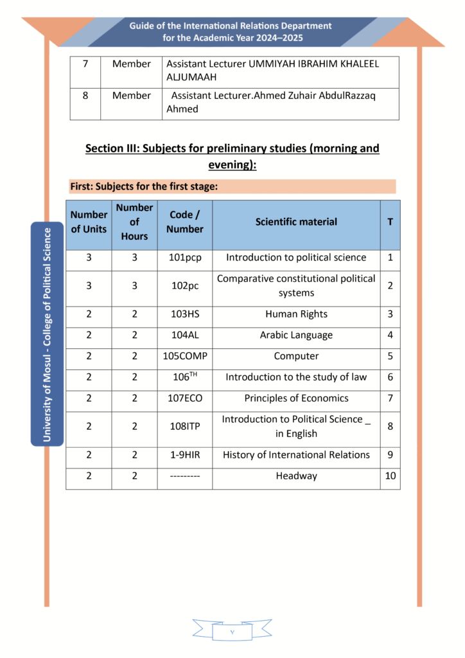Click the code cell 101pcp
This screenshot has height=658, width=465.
pyautogui.click(x=184, y=258)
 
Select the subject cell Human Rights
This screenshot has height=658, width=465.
pyautogui.click(x=296, y=314)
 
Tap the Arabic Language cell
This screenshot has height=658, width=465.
pyautogui.click(x=296, y=335)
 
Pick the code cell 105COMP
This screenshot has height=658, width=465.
pyautogui.click(x=184, y=356)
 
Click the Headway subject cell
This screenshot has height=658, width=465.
pyautogui.click(x=296, y=476)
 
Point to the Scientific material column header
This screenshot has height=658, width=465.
pyautogui.click(x=296, y=222)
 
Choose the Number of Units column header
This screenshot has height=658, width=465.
pyautogui.click(x=89, y=222)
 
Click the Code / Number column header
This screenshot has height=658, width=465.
pyautogui.click(x=184, y=222)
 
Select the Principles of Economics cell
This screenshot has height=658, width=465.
pyautogui.click(x=296, y=398)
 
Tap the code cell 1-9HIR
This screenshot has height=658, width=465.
pyautogui.click(x=184, y=455)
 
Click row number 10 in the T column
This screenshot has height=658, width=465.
pyautogui.click(x=390, y=476)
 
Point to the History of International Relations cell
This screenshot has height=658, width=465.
pyautogui.click(x=296, y=455)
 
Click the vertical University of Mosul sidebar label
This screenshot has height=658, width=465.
pyautogui.click(x=47, y=334)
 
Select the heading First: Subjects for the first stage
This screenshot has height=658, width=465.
pyautogui.click(x=143, y=187)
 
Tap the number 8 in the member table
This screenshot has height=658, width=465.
pyautogui.click(x=85, y=96)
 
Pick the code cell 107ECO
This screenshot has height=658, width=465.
pyautogui.click(x=184, y=398)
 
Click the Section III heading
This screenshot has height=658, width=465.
pyautogui.click(x=232, y=156)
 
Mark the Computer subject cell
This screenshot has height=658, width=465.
pyautogui.click(x=296, y=356)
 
